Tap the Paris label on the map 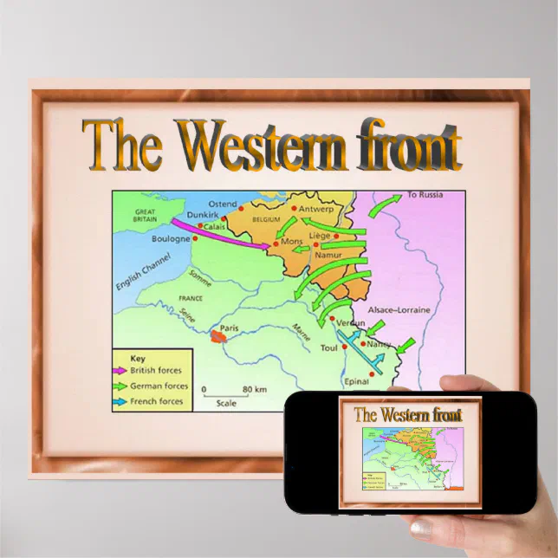229,328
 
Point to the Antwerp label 319,208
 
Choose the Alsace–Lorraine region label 399,309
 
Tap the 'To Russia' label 425,195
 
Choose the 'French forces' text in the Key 156,401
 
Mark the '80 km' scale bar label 253,389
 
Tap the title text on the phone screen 408,415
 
